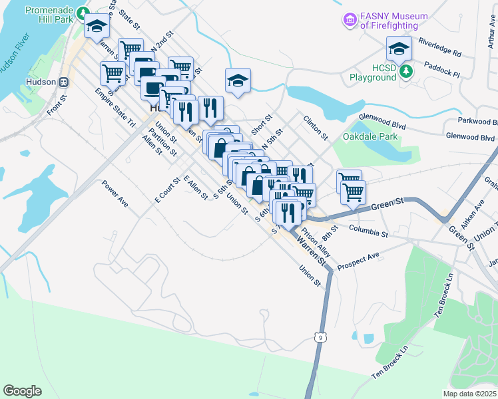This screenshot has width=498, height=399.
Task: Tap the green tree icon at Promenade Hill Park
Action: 82,12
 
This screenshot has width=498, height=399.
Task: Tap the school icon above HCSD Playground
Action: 399,49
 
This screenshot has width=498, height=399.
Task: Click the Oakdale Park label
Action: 370,137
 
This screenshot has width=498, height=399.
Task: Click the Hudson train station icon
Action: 64,82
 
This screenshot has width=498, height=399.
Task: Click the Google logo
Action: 22,390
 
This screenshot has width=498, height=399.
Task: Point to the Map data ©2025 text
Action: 470,394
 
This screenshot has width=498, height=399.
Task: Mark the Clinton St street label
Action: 316,128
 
